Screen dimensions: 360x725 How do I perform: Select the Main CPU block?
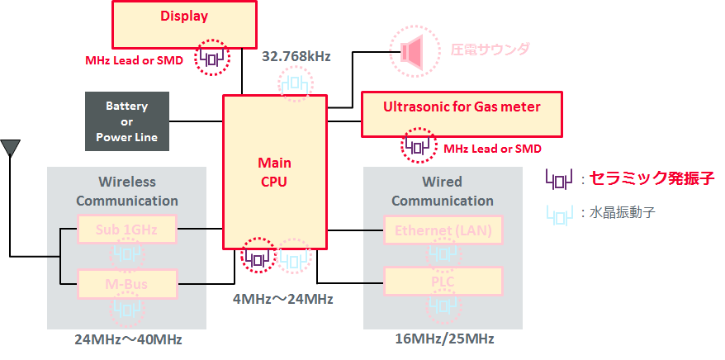click(x=274, y=171)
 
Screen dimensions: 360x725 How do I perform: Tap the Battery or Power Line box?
click(x=127, y=121)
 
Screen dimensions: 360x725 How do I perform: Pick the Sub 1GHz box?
click(x=127, y=230)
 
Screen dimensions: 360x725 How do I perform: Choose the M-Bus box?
click(x=127, y=286)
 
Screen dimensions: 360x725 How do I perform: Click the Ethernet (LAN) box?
click(x=443, y=230)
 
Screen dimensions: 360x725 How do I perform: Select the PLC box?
click(x=443, y=282)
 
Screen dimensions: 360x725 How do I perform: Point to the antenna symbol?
click(x=11, y=149)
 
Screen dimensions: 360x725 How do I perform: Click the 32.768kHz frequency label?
click(x=296, y=57)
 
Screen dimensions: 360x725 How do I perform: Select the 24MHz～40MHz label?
click(x=128, y=339)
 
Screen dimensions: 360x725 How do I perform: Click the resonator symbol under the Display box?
click(x=211, y=58)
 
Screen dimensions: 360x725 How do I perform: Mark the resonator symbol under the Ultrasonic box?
click(x=418, y=147)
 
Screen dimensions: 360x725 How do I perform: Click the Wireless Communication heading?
click(x=127, y=191)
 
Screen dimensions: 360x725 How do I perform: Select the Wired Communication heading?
click(x=443, y=191)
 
